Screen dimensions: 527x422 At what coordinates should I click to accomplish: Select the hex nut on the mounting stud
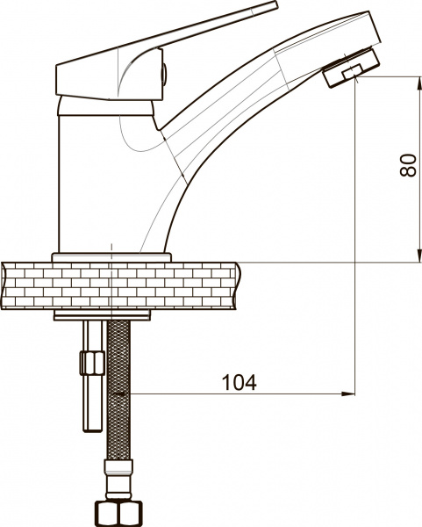click(88, 362)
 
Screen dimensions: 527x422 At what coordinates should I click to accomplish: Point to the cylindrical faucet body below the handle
click(88, 176)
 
